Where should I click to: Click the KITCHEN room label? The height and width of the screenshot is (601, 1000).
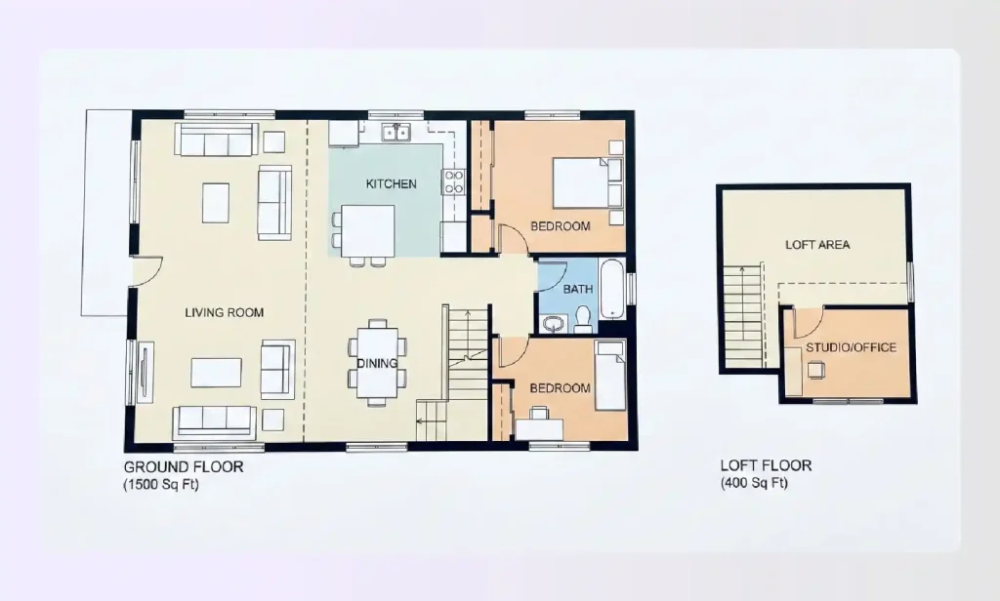pyautogui.click(x=391, y=183)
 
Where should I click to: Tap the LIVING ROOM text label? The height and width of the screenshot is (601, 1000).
pyautogui.click(x=225, y=313)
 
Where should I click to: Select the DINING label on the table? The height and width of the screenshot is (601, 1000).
pyautogui.click(x=377, y=363)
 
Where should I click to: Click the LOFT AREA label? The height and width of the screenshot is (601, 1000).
pyautogui.click(x=817, y=245)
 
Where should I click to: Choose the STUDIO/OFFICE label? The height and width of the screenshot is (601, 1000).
pyautogui.click(x=851, y=347)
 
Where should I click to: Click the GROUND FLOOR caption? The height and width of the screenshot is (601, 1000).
pyautogui.click(x=184, y=467)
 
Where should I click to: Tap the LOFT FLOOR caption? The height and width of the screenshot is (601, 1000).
pyautogui.click(x=766, y=465)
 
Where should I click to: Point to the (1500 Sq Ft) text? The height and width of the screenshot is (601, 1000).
pyautogui.click(x=161, y=484)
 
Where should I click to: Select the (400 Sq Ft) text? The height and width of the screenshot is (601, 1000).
pyautogui.click(x=754, y=483)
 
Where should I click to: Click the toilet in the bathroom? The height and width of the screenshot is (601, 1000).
pyautogui.click(x=583, y=318)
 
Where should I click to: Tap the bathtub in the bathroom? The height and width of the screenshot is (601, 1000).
pyautogui.click(x=610, y=290)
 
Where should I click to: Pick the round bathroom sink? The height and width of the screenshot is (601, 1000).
pyautogui.click(x=554, y=323)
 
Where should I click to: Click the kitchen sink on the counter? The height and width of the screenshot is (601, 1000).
pyautogui.click(x=396, y=133)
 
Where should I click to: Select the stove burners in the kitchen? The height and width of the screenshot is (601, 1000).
pyautogui.click(x=454, y=180)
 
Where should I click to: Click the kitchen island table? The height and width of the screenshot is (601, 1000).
pyautogui.click(x=367, y=230)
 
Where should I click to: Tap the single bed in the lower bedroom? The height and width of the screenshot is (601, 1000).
pyautogui.click(x=610, y=377)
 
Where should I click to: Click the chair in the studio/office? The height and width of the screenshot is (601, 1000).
pyautogui.click(x=815, y=369)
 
